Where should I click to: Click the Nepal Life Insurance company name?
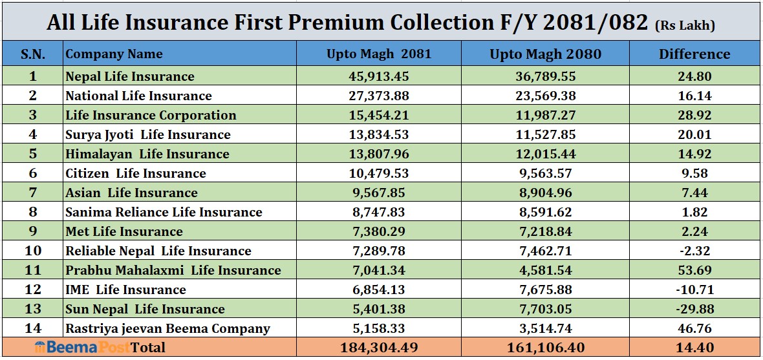coord(129,76)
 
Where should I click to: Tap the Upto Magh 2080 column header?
coord(545,54)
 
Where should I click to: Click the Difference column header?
coord(694,54)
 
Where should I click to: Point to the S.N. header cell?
coord(32,54)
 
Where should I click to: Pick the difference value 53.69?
coord(694,270)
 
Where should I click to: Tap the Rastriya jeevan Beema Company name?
coord(167,328)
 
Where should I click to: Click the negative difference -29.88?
coord(694,309)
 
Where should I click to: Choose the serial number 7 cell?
coord(32,193)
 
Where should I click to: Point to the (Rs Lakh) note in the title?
coord(685,26)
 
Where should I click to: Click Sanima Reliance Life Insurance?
coord(164,212)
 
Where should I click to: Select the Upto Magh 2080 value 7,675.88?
coord(545,290)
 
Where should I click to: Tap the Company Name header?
coord(114,54)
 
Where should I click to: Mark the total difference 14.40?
coord(694,348)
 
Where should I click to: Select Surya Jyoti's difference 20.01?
coord(694,134)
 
